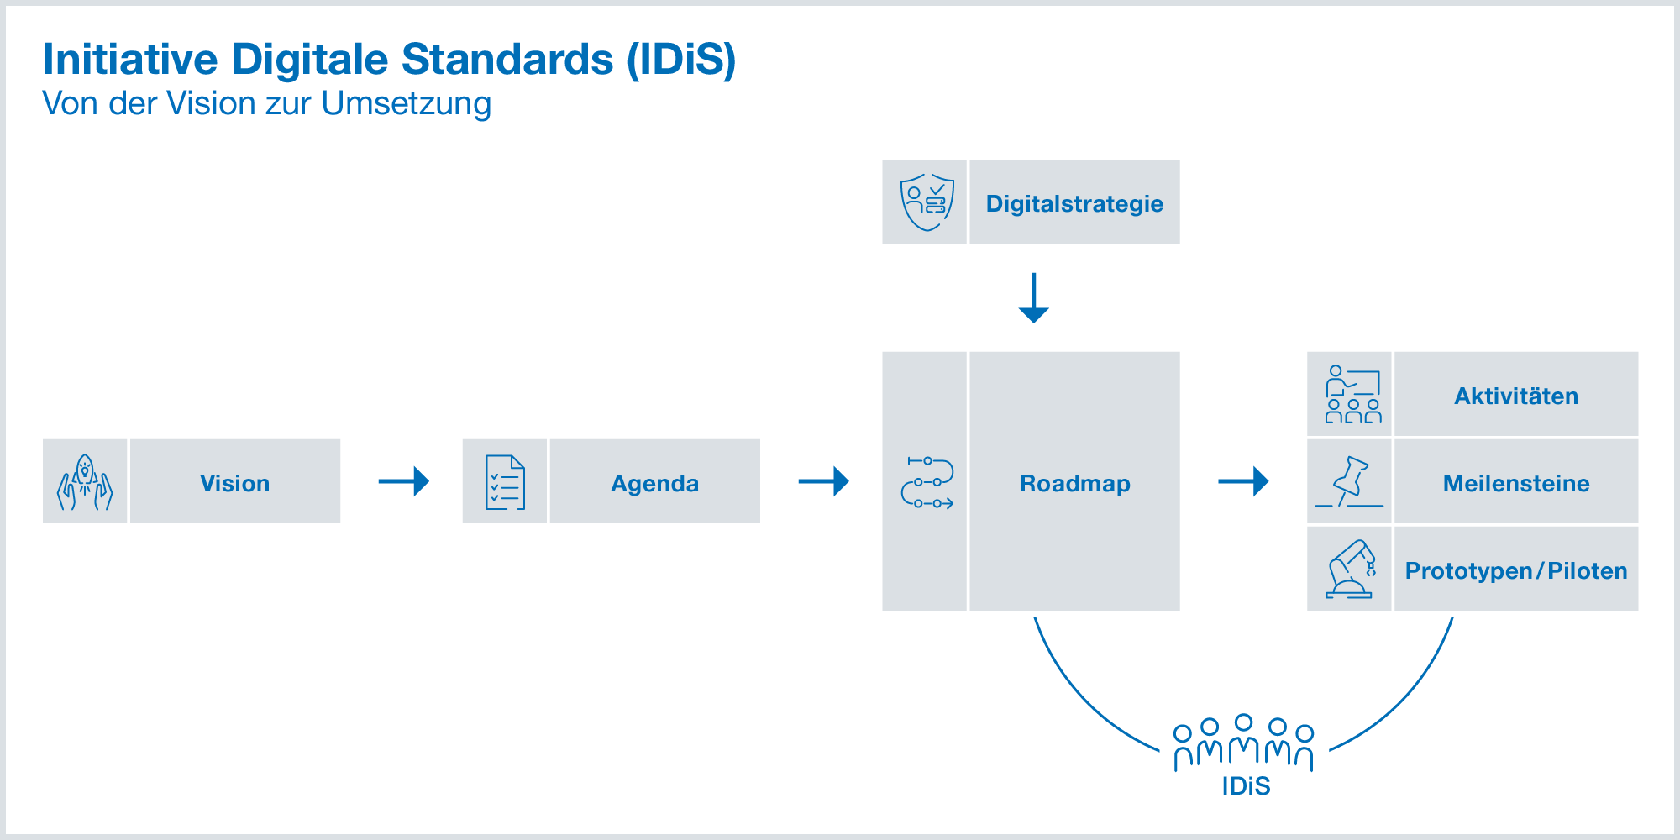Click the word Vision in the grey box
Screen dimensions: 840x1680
coord(234,483)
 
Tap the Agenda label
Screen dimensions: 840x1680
coord(654,483)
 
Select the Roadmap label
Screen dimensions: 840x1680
coord(1074,483)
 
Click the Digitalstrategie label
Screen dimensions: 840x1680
coord(1074,203)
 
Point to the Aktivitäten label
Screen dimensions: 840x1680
coord(1516,396)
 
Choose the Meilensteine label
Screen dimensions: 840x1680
coord(1516,483)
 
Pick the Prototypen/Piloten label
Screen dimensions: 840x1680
coord(1516,570)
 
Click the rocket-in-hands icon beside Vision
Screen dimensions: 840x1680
coord(85,482)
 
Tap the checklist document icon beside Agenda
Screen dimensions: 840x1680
coord(505,482)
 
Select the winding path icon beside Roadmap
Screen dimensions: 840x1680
coord(927,483)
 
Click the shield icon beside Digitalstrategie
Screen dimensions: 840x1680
coord(927,202)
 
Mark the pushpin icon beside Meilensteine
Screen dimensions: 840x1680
coord(1350,482)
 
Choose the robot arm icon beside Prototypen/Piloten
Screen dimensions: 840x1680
coord(1350,570)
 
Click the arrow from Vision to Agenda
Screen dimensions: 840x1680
coord(404,481)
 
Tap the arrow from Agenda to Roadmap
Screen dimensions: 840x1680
coord(824,481)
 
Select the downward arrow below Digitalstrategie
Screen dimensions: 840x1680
coord(1033,298)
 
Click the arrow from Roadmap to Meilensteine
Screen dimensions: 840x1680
coord(1243,481)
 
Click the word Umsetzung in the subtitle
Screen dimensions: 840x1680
coord(406,104)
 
